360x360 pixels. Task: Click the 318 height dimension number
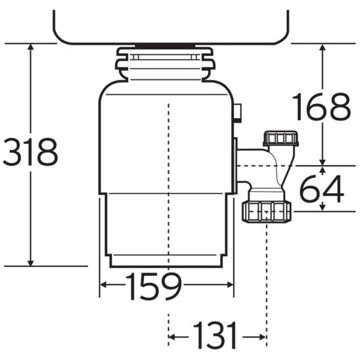pos(30,152)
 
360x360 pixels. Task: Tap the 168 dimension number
pos(321,106)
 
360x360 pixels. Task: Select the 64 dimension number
pos(322,189)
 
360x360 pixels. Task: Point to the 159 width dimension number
pos(154,286)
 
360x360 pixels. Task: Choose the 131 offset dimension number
pos(215,335)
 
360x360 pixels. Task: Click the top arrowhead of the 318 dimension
pos(30,47)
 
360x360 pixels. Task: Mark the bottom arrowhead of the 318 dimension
pos(30,263)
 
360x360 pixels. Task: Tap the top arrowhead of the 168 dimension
pos(323,47)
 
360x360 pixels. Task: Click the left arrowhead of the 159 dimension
pos(104,285)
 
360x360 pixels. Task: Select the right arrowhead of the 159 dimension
pos(230,285)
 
